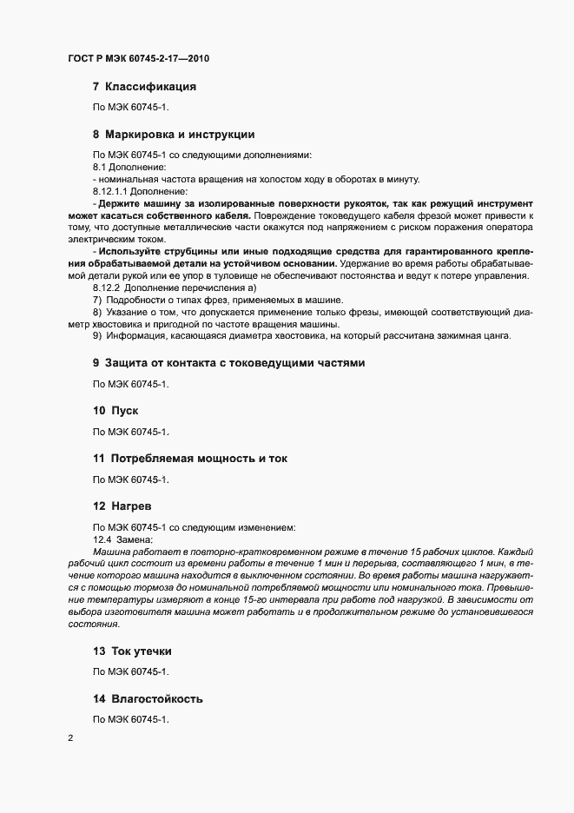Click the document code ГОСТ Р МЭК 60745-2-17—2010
[140, 59]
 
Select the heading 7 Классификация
[144, 87]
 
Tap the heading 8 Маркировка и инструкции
[173, 135]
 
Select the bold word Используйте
[134, 251]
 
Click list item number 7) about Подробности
[97, 300]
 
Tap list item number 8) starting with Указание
[97, 312]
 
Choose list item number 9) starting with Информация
[97, 335]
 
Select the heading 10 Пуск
[115, 410]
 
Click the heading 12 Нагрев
[122, 505]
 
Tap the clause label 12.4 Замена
[122, 539]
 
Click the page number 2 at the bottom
[70, 738]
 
